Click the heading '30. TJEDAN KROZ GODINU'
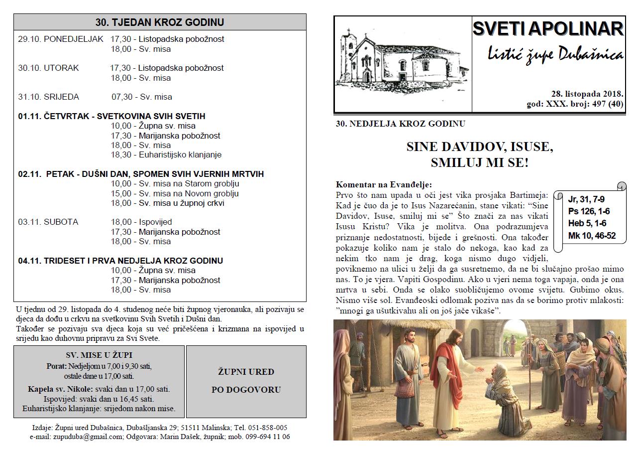click(x=160, y=22)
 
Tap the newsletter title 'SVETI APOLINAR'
click(x=548, y=29)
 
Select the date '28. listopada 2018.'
click(x=587, y=94)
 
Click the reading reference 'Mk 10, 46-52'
click(x=592, y=235)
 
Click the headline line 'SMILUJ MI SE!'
click(x=479, y=162)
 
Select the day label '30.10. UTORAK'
click(x=48, y=68)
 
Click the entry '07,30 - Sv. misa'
click(x=142, y=97)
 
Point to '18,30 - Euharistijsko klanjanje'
click(x=166, y=154)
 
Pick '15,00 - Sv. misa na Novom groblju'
click(x=175, y=193)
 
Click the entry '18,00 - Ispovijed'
click(x=141, y=222)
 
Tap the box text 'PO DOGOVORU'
click(x=246, y=390)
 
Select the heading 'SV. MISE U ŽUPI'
click(x=99, y=355)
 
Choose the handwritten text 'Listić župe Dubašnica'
click(x=555, y=55)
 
